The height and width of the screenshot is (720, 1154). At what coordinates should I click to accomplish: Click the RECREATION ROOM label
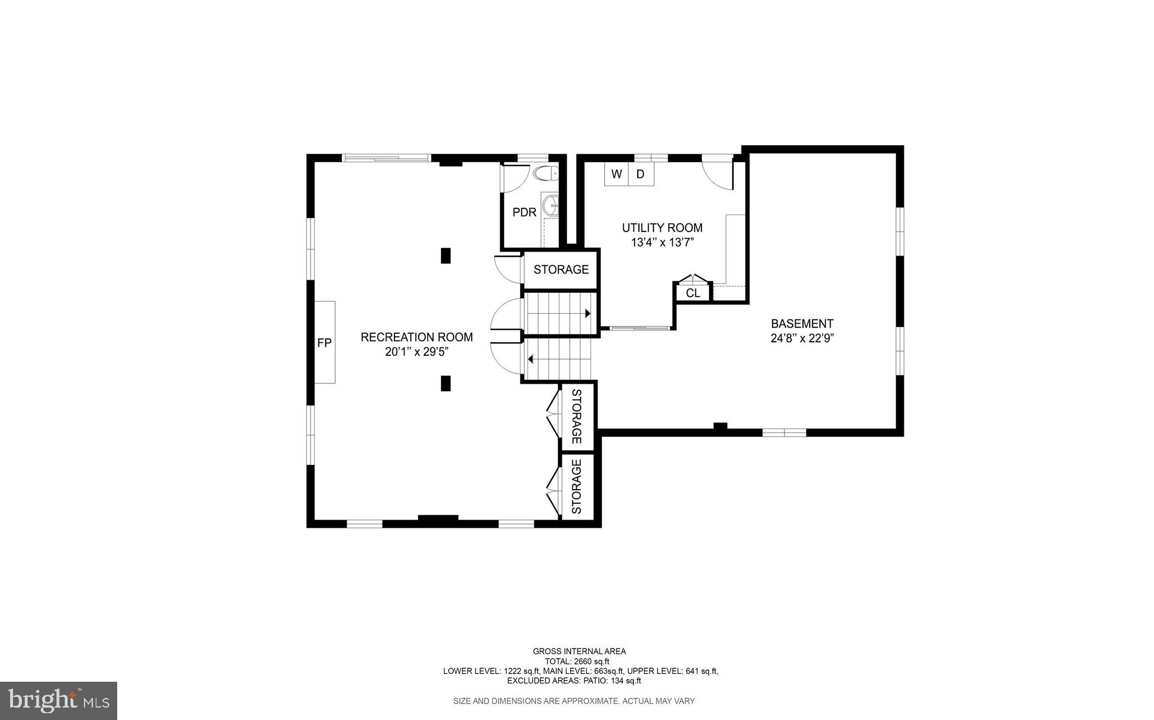click(x=416, y=337)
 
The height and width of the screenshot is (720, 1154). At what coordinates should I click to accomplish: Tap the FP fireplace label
click(x=324, y=342)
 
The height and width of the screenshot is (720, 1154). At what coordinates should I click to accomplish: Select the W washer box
click(x=616, y=175)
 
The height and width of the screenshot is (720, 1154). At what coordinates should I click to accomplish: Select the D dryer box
click(x=641, y=175)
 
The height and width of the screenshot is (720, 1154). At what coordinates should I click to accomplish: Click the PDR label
click(x=524, y=213)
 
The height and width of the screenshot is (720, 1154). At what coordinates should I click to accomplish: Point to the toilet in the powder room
click(x=545, y=173)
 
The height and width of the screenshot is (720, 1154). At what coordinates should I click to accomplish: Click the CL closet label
click(x=693, y=293)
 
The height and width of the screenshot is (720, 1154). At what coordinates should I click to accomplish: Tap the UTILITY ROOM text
click(x=662, y=228)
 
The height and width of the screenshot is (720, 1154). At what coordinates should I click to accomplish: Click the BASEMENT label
click(x=802, y=324)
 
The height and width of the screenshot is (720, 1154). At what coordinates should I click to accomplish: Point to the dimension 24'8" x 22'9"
click(x=802, y=338)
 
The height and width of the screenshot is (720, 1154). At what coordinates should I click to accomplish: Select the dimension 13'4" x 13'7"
click(x=662, y=243)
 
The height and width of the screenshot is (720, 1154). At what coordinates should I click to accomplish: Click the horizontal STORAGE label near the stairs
click(x=561, y=270)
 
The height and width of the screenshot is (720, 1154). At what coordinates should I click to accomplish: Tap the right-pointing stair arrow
click(x=587, y=314)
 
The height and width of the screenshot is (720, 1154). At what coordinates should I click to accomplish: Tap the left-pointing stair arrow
click(x=530, y=358)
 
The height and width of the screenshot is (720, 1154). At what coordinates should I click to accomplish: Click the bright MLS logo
click(x=59, y=700)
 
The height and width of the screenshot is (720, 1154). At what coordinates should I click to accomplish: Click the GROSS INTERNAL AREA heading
click(x=579, y=651)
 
